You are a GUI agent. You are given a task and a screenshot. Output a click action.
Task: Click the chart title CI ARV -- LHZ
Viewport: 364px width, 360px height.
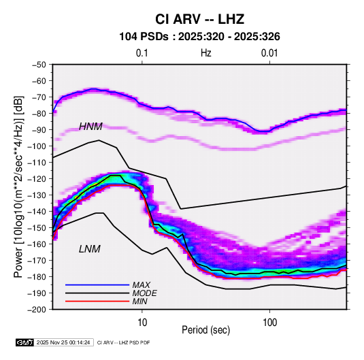click(199, 19)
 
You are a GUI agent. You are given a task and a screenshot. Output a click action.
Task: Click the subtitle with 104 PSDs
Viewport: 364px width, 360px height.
click(199, 37)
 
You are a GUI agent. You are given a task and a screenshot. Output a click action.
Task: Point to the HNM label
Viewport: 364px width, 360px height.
click(90, 127)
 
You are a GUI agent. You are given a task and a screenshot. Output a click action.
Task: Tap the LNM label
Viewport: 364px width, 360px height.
click(90, 249)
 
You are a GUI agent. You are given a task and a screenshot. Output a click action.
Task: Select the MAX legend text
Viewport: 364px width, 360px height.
click(141, 284)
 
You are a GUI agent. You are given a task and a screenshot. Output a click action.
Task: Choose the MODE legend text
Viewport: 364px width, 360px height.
click(145, 293)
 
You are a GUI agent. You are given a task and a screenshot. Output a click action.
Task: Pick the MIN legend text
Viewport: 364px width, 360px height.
click(139, 301)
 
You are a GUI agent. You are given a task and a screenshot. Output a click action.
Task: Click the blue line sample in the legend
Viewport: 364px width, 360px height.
click(97, 284)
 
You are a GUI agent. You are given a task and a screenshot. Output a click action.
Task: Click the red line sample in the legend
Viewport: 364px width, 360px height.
click(97, 301)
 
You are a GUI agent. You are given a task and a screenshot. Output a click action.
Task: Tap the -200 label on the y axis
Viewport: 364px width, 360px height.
click(37, 310)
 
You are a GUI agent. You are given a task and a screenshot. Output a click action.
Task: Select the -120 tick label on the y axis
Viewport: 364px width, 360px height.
click(37, 179)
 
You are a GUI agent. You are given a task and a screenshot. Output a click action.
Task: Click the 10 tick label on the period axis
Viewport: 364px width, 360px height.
click(142, 323)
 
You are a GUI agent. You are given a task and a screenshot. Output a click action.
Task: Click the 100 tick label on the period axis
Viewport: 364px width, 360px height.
click(269, 323)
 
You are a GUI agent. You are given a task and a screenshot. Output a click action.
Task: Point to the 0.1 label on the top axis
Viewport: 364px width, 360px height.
click(142, 53)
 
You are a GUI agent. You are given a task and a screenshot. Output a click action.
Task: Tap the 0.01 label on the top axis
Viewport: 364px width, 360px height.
click(269, 53)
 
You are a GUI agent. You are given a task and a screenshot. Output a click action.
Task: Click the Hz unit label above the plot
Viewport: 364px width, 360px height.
click(206, 53)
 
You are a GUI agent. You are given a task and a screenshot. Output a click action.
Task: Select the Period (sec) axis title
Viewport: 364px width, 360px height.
click(206, 330)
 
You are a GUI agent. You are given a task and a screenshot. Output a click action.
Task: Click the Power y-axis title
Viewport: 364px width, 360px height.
click(18, 186)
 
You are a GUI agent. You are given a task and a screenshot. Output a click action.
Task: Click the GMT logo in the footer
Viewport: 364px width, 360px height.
click(25, 342)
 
